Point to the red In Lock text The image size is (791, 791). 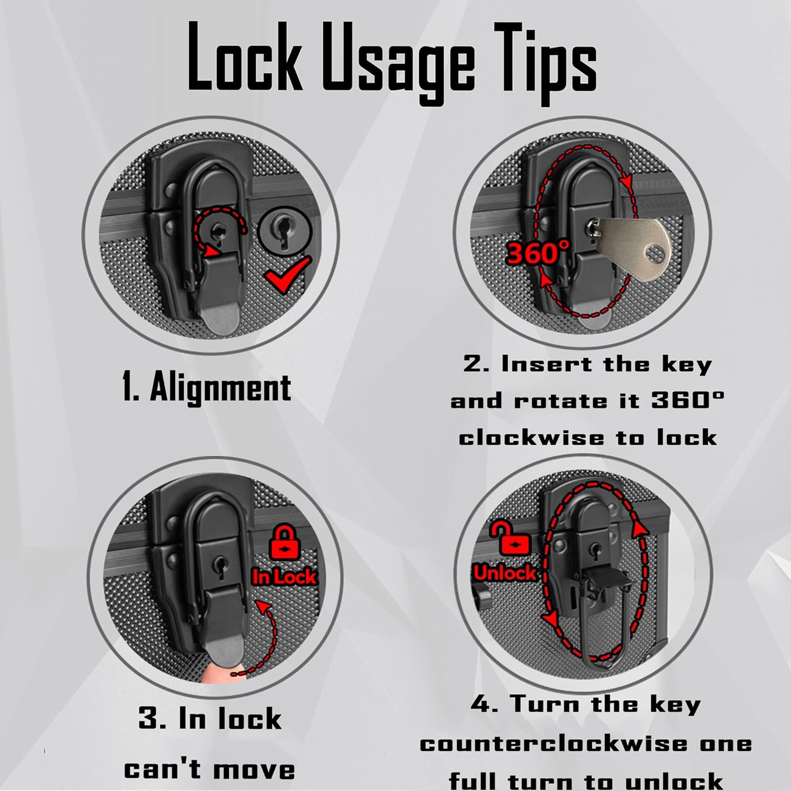click(285, 576)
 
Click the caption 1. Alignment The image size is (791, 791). click(206, 388)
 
